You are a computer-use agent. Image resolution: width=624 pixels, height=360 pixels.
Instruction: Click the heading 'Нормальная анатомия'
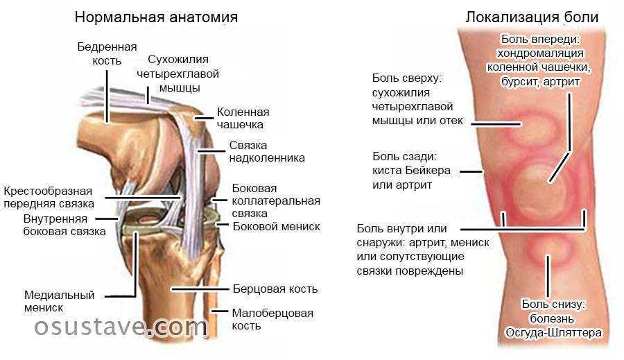point(156,17)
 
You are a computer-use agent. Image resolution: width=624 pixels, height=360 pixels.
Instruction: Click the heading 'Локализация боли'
point(532,17)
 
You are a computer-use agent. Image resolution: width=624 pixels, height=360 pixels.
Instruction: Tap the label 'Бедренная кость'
point(107,54)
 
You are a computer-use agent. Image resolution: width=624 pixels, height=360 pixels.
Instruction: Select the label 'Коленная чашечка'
point(243,118)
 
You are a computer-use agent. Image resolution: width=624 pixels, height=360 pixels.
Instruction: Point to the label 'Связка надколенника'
point(267,151)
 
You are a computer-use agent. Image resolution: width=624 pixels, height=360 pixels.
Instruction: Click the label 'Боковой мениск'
point(276,227)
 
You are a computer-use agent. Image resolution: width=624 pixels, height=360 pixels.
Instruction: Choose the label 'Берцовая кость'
point(275,289)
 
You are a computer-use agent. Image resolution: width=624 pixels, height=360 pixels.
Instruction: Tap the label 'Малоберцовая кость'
point(272,319)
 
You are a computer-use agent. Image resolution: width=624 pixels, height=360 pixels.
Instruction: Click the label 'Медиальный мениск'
point(60,301)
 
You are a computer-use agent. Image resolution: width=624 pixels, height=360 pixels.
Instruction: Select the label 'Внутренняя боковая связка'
point(64,225)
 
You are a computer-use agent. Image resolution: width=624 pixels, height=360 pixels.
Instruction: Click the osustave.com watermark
point(121,327)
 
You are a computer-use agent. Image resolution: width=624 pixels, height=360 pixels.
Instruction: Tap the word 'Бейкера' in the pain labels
point(428,171)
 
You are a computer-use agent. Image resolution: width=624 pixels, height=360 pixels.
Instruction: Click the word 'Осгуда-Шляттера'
point(553,332)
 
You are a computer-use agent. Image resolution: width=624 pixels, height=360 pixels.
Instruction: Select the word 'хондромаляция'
point(540,53)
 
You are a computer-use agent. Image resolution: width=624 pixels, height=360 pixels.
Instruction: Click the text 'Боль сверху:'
point(407,78)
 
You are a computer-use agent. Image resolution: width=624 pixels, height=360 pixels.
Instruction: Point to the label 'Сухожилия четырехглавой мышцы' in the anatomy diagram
point(178,74)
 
